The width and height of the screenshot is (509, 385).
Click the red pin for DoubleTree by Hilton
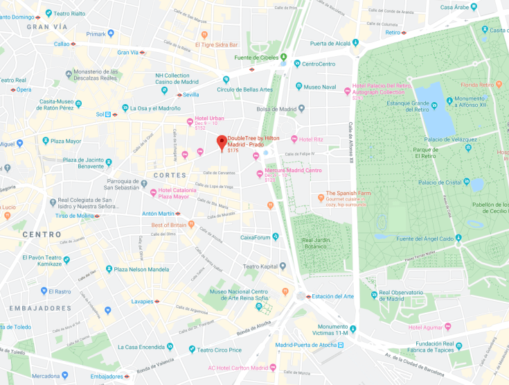(222, 142)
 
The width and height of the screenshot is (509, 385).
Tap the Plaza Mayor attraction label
(64, 141)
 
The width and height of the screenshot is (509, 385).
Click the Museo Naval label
(320, 87)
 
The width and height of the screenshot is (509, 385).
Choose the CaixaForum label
(254, 237)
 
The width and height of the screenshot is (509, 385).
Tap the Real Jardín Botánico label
(319, 243)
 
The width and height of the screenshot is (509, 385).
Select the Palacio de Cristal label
(441, 182)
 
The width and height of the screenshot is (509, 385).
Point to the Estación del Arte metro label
(334, 296)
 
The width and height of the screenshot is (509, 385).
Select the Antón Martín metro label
(158, 214)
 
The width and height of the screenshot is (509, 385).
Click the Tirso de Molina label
(73, 216)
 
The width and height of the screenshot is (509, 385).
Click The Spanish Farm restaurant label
(350, 194)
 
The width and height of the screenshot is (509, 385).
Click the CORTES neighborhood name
(170, 175)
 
